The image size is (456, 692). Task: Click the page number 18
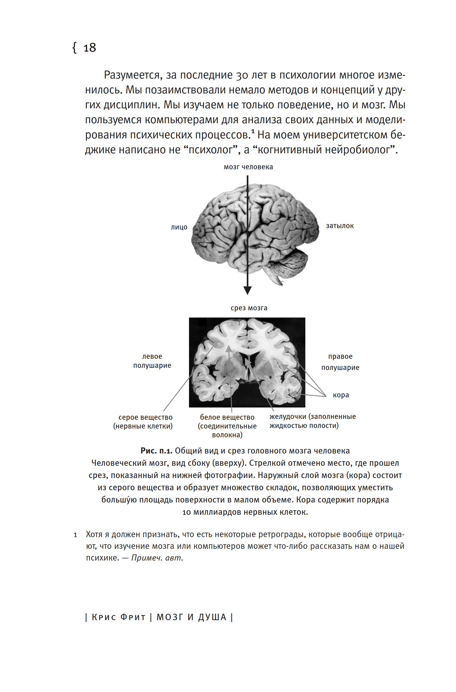coord(89,48)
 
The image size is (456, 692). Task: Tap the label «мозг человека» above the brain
coord(248,167)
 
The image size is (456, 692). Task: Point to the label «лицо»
coord(179,227)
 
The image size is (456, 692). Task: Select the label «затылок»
coord(339,226)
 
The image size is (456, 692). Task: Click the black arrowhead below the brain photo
coord(248,290)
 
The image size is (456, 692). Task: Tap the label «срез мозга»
coord(249,308)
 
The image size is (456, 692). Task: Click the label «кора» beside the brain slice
coord(341,395)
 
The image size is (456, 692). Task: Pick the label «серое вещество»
coord(145,417)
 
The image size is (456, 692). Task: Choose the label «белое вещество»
coord(227,417)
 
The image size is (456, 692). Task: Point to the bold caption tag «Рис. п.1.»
coord(157,451)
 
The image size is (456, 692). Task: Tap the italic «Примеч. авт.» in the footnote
coord(157,558)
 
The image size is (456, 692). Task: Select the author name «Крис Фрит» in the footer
coord(118,617)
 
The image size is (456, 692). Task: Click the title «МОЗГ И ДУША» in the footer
coord(191,617)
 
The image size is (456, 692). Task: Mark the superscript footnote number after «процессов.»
coord(253,132)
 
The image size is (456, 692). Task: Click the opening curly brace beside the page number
coord(75,48)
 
